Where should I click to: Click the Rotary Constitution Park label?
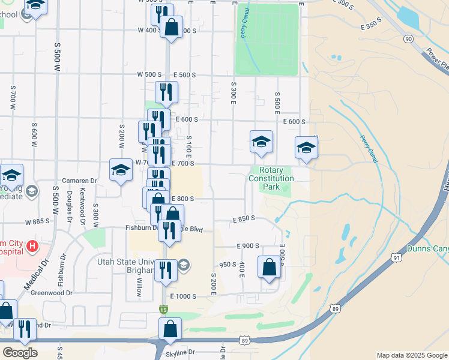(x=271, y=179)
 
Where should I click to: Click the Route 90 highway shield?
(x=408, y=39)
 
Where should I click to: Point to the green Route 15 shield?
(x=163, y=309)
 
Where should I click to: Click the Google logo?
(x=20, y=353)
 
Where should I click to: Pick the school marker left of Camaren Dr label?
(x=11, y=175)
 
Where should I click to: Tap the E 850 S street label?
(x=244, y=220)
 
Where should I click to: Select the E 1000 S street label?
(x=183, y=296)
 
